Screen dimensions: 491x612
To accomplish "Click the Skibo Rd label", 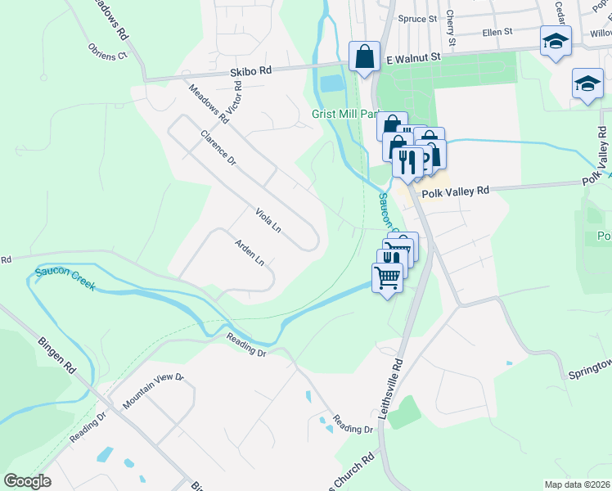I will coord(254,71).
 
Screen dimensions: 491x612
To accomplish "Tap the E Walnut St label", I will coord(413,59).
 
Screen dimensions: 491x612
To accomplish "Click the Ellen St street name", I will coord(497,32).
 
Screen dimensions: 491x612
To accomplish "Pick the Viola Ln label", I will coord(268,219).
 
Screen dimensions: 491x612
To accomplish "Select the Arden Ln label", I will coord(250,252).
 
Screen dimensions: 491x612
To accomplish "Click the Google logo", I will coord(28,481).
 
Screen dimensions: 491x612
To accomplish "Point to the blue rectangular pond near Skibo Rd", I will coord(333,83).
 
